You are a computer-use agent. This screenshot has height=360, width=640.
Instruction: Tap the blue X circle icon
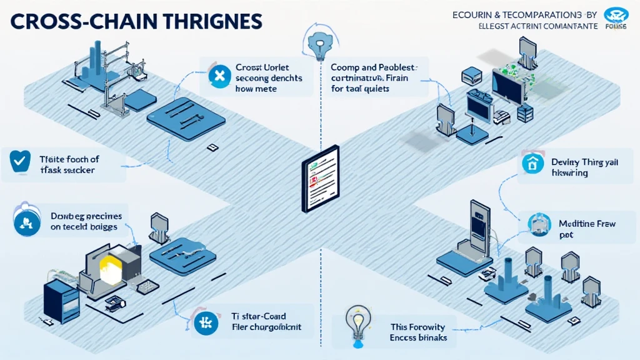(219, 77)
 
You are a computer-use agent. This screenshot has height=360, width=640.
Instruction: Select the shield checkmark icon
(17, 161)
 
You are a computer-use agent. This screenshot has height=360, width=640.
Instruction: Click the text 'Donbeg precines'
(86, 216)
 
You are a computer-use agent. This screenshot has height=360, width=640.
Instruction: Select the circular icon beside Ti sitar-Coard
(203, 322)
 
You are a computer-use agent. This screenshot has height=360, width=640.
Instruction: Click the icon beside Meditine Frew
(537, 224)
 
